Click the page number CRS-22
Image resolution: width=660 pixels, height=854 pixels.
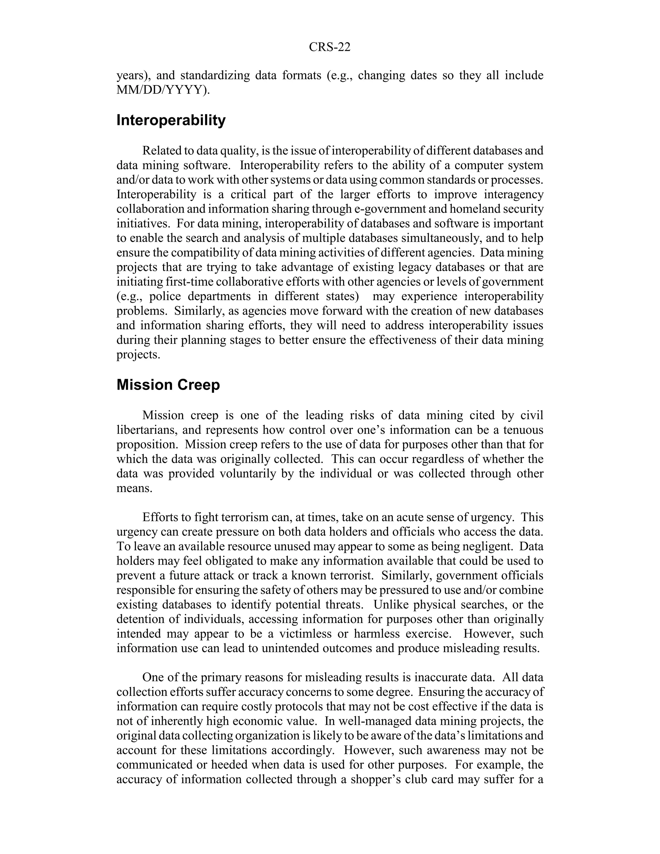coord(330,47)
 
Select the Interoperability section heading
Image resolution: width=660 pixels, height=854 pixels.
coord(171,121)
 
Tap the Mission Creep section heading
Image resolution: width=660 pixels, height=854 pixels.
coord(168,385)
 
